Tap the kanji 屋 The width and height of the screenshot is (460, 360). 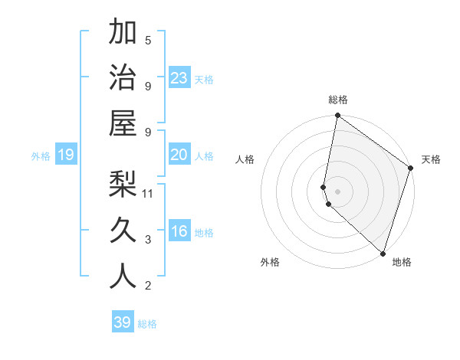pyautogui.click(x=123, y=122)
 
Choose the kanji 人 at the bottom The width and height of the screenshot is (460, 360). pyautogui.click(x=123, y=275)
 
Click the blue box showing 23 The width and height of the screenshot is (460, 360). pyautogui.click(x=179, y=77)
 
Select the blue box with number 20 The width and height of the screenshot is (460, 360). pyautogui.click(x=179, y=155)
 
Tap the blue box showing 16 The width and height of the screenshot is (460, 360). pyautogui.click(x=179, y=232)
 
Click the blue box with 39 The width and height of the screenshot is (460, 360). pyautogui.click(x=123, y=322)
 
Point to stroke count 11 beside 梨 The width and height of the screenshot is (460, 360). pyautogui.click(x=149, y=193)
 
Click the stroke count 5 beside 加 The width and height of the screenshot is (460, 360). pyautogui.click(x=148, y=40)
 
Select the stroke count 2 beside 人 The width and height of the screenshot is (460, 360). pyautogui.click(x=148, y=286)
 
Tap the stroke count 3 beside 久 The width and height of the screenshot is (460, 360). pyautogui.click(x=148, y=240)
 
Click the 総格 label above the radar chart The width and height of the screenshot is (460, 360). pyautogui.click(x=338, y=100)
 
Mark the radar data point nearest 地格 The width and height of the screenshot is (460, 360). pyautogui.click(x=383, y=253)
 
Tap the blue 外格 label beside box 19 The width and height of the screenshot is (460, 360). pyautogui.click(x=41, y=156)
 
